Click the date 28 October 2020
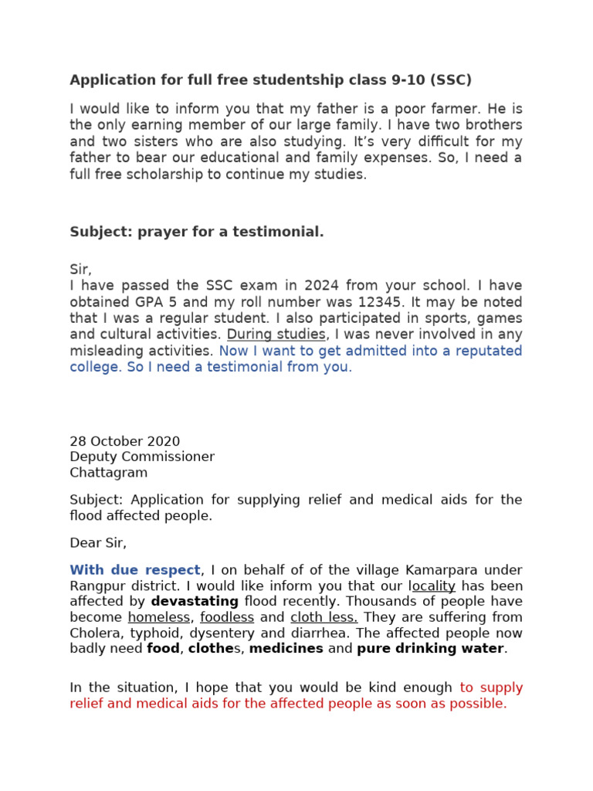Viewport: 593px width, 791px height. (124, 442)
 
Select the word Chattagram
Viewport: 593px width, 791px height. (108, 473)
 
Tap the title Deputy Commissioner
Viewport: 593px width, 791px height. (142, 457)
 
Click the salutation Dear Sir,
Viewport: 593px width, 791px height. (98, 543)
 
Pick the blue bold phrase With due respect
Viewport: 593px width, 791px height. (135, 571)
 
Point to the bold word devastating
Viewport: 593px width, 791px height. (195, 602)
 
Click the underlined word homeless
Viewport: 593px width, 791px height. (159, 617)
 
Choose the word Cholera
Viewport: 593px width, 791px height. (96, 633)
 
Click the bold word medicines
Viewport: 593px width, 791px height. (286, 649)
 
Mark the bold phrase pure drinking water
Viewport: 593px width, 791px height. (430, 649)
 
